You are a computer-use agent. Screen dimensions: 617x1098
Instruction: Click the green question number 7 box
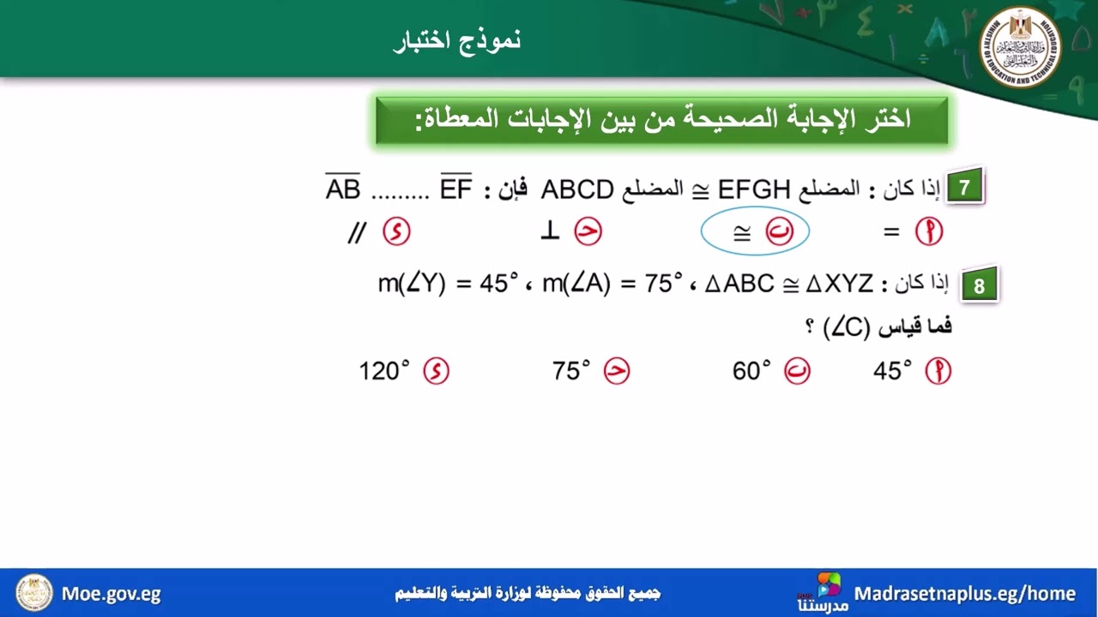(x=965, y=188)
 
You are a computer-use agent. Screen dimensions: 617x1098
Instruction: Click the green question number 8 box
(x=978, y=286)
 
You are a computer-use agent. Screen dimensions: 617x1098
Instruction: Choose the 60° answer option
(x=752, y=371)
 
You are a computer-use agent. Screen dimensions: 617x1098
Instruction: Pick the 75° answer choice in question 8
(x=572, y=371)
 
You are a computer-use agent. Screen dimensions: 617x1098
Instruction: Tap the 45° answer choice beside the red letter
(x=893, y=371)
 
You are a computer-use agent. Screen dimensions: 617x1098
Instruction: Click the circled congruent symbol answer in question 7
(x=755, y=233)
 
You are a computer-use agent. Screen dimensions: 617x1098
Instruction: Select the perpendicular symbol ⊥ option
(x=550, y=232)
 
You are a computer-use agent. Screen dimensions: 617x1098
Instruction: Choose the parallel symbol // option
(x=357, y=232)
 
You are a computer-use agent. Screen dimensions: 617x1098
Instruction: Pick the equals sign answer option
(x=892, y=232)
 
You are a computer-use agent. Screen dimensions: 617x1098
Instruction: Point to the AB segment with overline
(x=343, y=188)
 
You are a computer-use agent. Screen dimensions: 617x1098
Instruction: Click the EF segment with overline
(x=456, y=188)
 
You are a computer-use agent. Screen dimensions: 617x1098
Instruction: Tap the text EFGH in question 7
(x=754, y=189)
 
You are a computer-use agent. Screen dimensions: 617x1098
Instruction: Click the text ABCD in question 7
(x=577, y=189)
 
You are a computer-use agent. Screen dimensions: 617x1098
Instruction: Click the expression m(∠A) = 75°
(x=612, y=283)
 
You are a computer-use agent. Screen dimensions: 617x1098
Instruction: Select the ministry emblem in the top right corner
(x=1020, y=49)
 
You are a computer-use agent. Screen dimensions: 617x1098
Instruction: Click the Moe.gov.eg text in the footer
(x=112, y=593)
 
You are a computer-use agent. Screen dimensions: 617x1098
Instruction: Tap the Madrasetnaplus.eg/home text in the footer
(x=965, y=593)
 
